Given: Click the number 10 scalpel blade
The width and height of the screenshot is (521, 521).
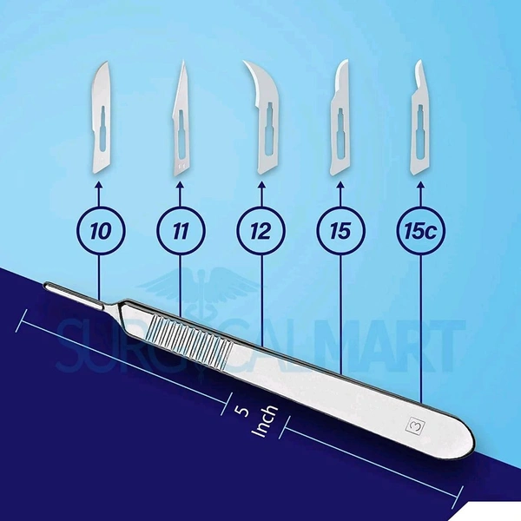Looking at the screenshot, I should click(x=102, y=122).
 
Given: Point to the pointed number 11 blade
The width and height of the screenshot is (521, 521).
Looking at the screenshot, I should click(x=182, y=122).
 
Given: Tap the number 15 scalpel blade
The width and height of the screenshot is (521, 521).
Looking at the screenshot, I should click(x=342, y=121).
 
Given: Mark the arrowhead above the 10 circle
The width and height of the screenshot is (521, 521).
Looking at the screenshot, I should click(x=99, y=185).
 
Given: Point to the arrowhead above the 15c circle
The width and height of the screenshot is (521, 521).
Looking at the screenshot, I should click(x=421, y=185).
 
